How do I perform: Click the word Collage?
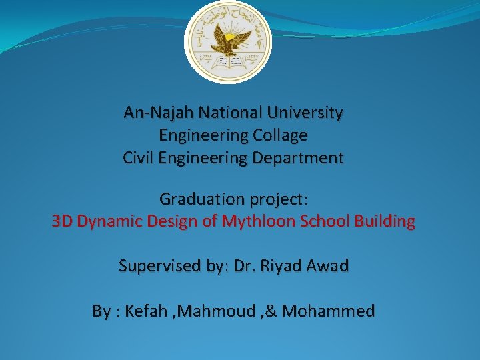[x=280, y=135]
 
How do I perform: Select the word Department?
[x=300, y=158]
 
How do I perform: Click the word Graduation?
[x=202, y=199]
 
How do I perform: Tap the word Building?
[x=387, y=221]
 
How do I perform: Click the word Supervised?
[x=159, y=266]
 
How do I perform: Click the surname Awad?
[x=328, y=266]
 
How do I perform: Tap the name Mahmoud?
[x=213, y=311]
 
